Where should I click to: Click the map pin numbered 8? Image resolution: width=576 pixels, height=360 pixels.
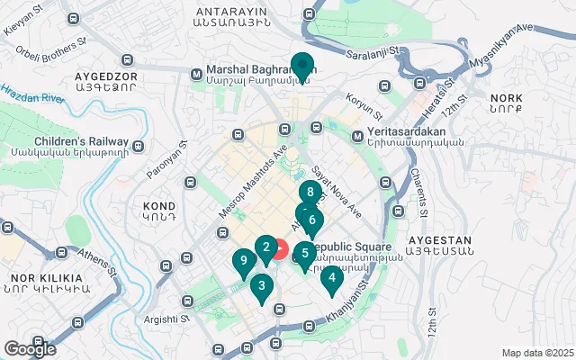[x=310, y=193]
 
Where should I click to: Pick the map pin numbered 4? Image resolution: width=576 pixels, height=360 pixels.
[x=332, y=278]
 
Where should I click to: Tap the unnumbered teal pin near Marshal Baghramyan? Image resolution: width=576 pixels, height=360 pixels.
[x=301, y=66]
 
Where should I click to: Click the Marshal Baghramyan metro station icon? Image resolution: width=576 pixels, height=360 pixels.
[x=196, y=76]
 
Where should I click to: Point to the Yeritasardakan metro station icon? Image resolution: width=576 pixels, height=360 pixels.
[x=357, y=137]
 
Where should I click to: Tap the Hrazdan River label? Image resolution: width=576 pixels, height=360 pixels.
[x=28, y=93]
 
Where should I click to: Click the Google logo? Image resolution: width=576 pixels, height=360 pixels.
[x=29, y=348]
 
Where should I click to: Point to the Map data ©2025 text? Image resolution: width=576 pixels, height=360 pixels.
[x=536, y=353]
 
